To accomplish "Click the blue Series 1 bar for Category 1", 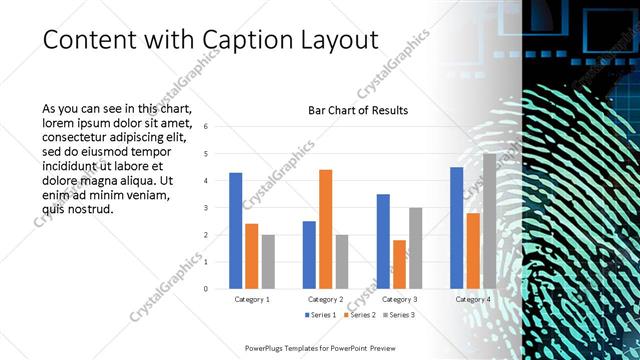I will pyautogui.click(x=236, y=231).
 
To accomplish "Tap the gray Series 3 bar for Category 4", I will pyautogui.click(x=489, y=221).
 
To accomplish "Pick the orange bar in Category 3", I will pyautogui.click(x=399, y=264).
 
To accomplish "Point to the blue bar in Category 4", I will pyautogui.click(x=456, y=228).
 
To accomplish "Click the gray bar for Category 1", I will pyautogui.click(x=268, y=262).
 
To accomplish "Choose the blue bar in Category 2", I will pyautogui.click(x=309, y=255).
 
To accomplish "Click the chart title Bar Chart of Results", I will pyautogui.click(x=357, y=110).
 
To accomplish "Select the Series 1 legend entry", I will pyautogui.click(x=318, y=315).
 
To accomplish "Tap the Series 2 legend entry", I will pyautogui.click(x=357, y=315).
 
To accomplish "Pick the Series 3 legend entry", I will pyautogui.click(x=397, y=315).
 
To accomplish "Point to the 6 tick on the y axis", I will pyautogui.click(x=204, y=127).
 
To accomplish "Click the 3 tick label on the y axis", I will pyautogui.click(x=204, y=208).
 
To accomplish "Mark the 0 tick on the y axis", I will pyautogui.click(x=204, y=289).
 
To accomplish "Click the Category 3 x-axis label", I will pyautogui.click(x=399, y=300).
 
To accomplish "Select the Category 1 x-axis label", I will pyautogui.click(x=252, y=300).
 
